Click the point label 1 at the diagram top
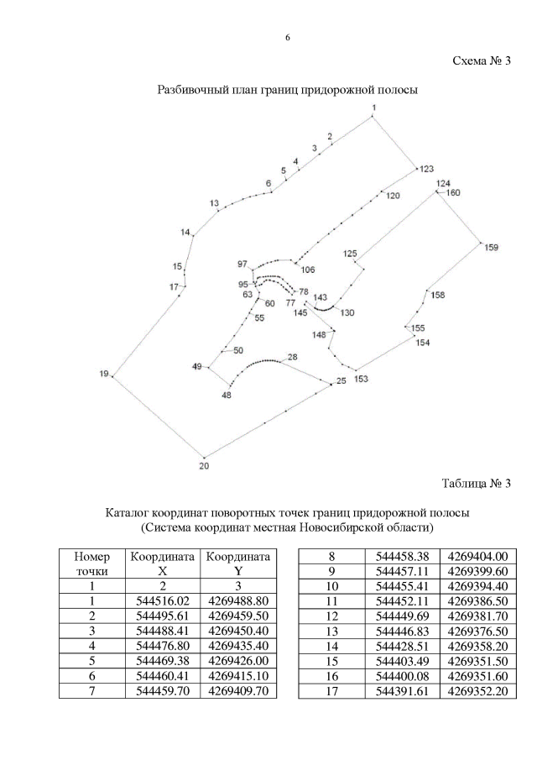tap(374, 108)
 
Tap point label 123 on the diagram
tap(428, 169)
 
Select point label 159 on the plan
tap(491, 247)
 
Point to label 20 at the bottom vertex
tap(204, 465)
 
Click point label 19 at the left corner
tap(104, 374)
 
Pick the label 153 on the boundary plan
tap(361, 379)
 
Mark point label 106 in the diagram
tap(308, 270)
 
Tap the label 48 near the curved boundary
tap(226, 395)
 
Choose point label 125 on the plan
tap(350, 253)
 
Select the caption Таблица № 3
tap(476, 482)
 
